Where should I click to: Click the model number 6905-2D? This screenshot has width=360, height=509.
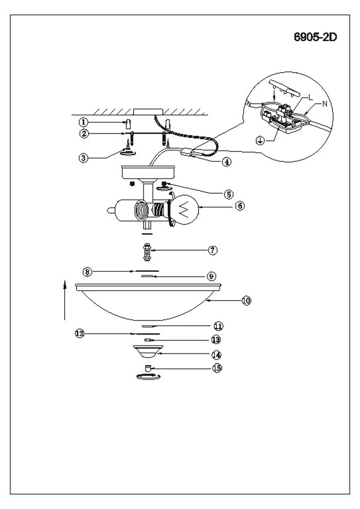[x=316, y=38]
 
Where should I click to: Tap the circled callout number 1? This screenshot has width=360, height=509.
[x=82, y=122]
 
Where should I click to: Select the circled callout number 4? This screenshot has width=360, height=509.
[x=227, y=162]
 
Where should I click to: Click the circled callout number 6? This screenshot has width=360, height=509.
[x=240, y=206]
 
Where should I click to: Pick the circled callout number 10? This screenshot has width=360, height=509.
[x=246, y=300]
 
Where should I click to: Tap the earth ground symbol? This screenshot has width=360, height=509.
[x=259, y=141]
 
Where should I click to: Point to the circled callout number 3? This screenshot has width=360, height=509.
[x=82, y=158]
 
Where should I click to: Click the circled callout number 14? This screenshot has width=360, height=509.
[x=216, y=354]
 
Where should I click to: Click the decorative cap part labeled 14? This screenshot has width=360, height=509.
[x=147, y=351]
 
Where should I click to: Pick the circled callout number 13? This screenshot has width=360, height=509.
[x=216, y=339]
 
